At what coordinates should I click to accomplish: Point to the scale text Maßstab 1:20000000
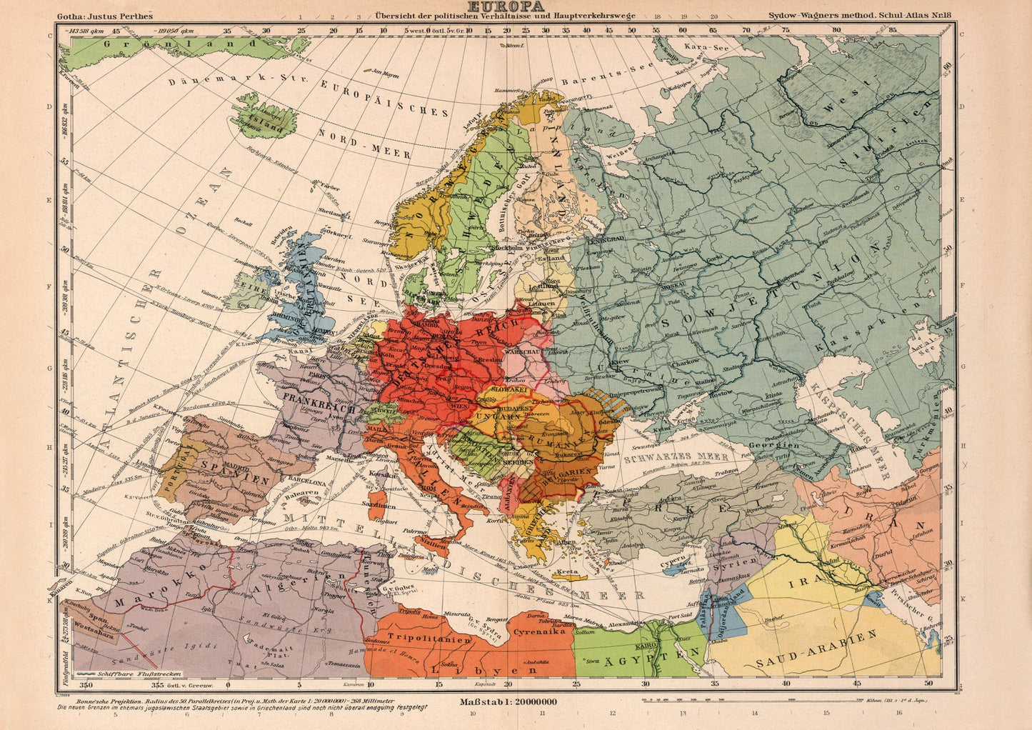[x=509, y=701]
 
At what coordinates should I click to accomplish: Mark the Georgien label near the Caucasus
[x=774, y=445]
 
